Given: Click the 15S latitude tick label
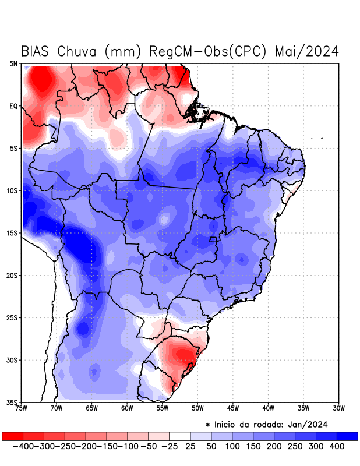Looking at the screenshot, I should pos(13,233).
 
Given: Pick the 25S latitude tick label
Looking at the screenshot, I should pos(13,317).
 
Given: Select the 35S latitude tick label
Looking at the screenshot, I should pos(13,402).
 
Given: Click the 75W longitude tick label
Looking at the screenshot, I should pos(22,408).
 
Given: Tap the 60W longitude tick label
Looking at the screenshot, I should pos(127,408).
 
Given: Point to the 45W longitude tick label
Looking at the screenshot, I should pos(233,408).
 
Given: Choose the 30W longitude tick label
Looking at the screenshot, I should pos(339,408).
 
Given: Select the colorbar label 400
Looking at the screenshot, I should pos(337,446).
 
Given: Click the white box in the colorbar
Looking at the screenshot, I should pos(180,436).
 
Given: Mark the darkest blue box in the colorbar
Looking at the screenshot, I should pos(348,436).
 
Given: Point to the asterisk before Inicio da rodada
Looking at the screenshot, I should pos(208,425).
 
